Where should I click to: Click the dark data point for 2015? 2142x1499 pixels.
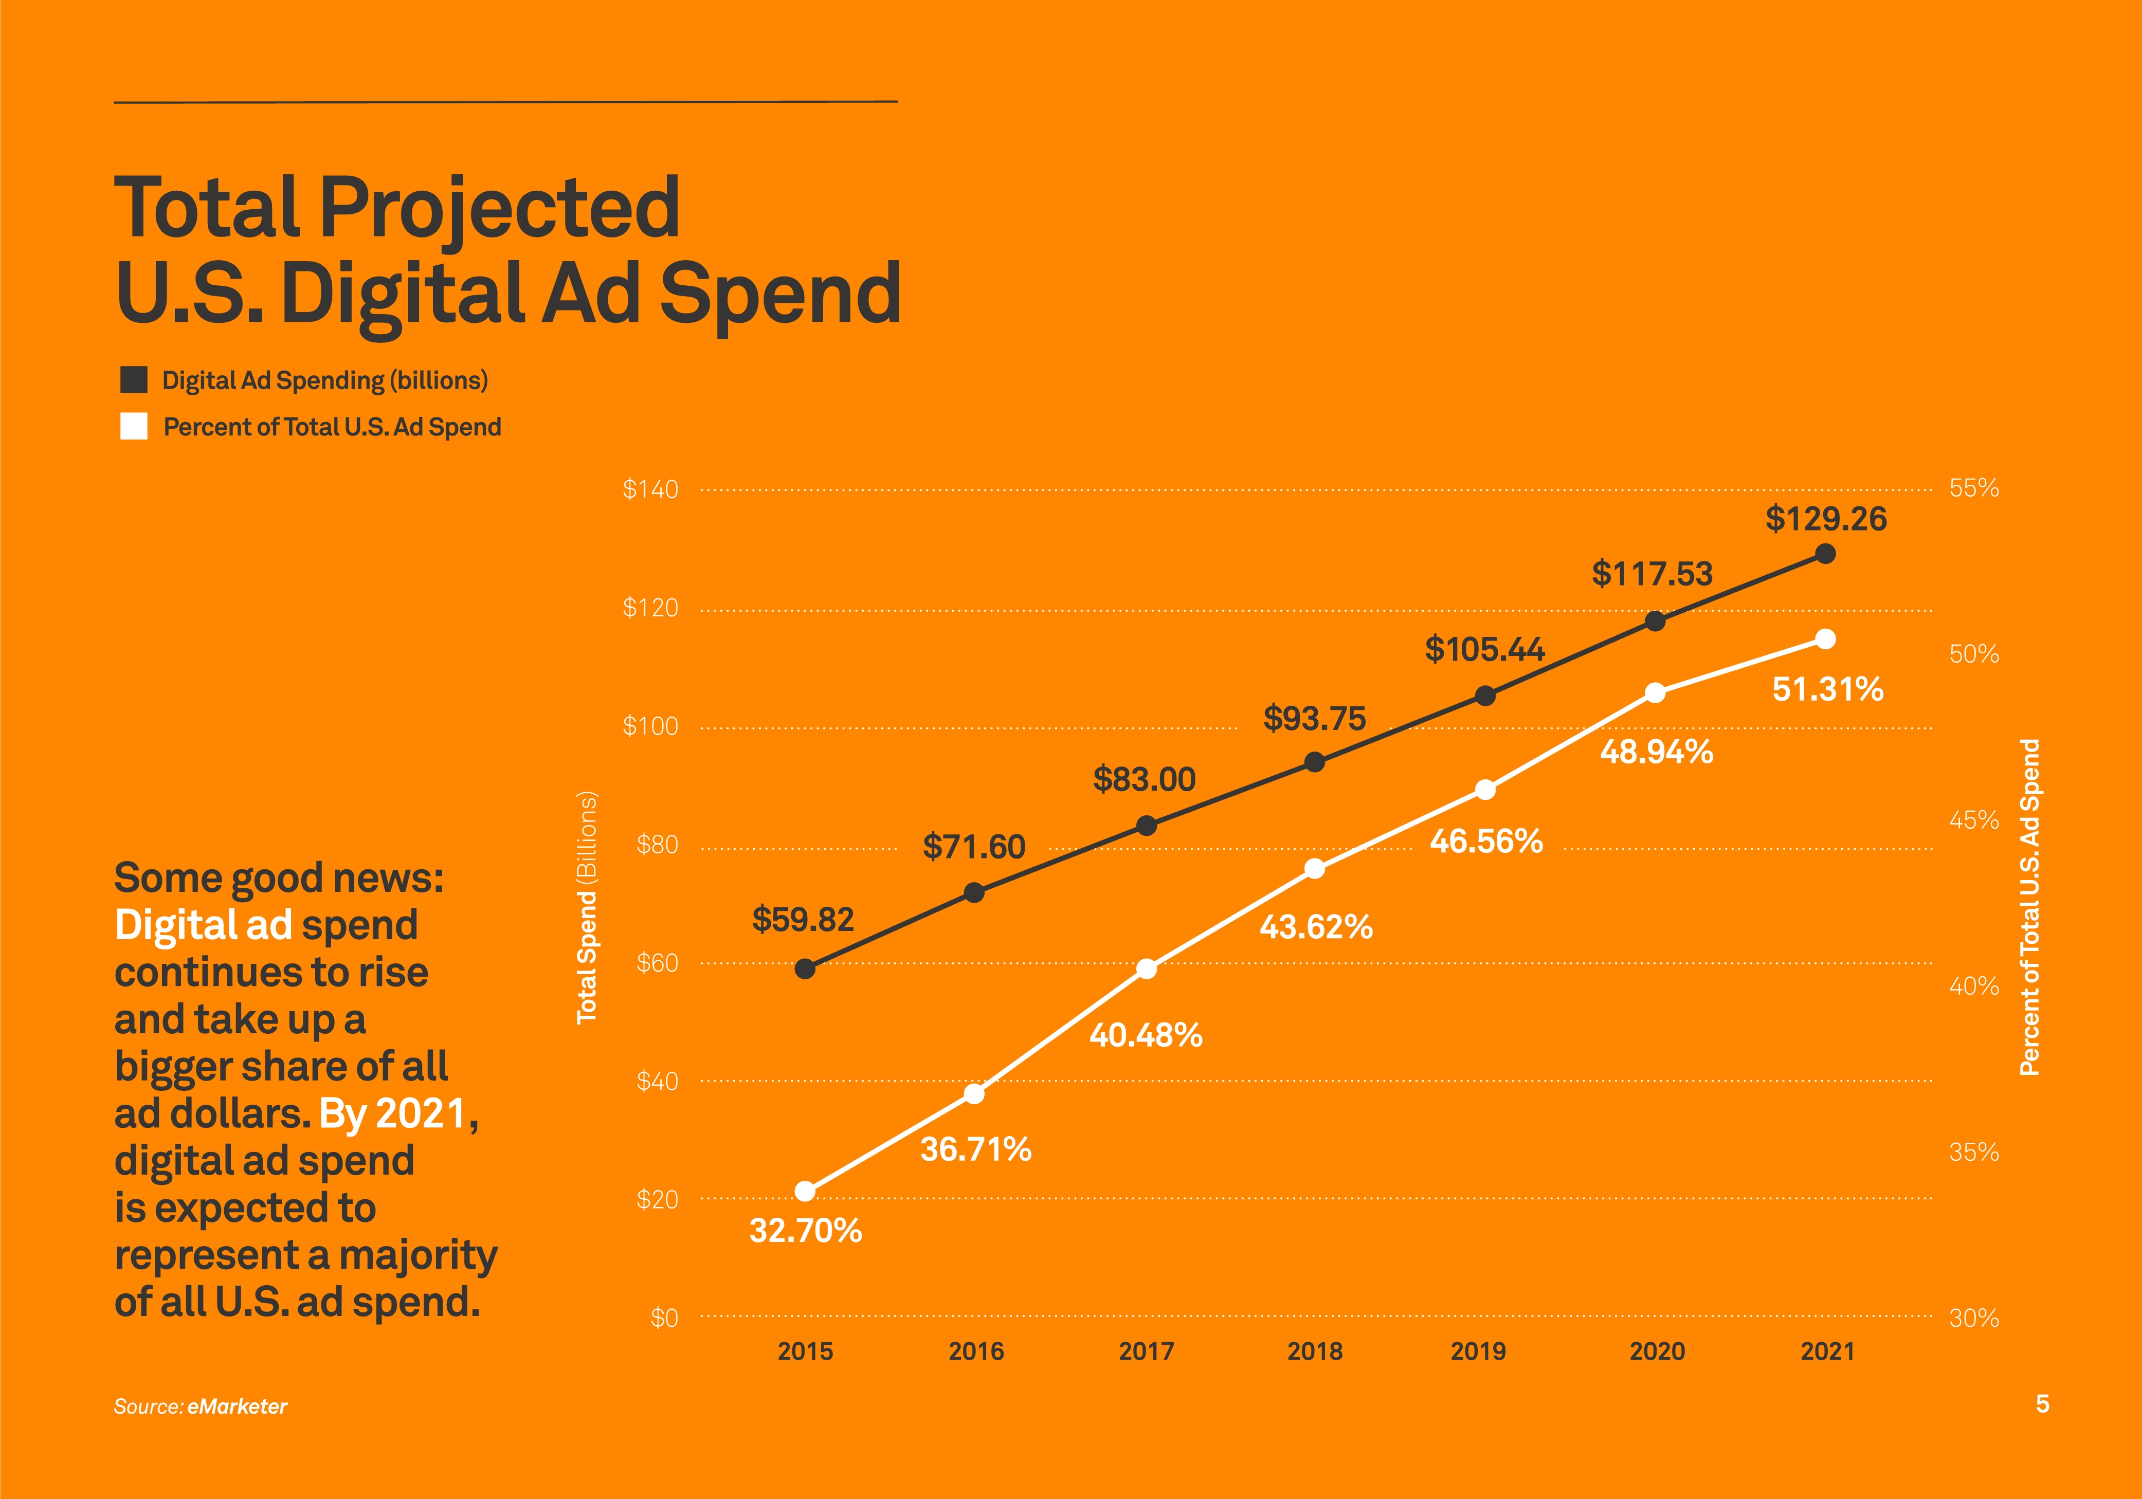pos(805,968)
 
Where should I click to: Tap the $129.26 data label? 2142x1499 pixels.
pos(1826,519)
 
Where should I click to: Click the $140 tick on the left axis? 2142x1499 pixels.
pos(650,490)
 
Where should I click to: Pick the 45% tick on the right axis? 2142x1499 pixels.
pos(1974,820)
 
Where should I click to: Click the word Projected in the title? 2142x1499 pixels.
pos(500,207)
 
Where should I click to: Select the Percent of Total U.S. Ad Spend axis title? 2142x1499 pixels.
pos(2030,907)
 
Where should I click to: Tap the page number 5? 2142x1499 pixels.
pos(2042,1404)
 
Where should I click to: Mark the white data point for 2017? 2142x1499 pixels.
pos(1147,969)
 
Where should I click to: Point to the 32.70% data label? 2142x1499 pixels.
pos(805,1230)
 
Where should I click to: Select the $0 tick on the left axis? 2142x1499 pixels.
pos(664,1318)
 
